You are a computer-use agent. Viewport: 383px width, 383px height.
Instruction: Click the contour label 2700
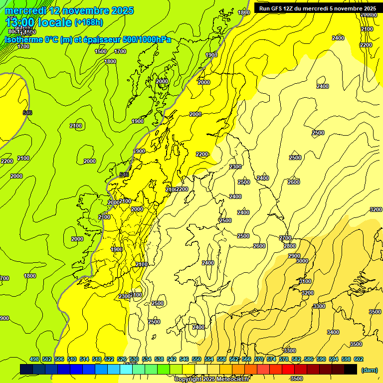(285, 238)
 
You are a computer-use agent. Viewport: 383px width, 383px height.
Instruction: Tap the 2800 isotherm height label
(290, 246)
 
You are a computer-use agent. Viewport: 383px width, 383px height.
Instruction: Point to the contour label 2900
(294, 256)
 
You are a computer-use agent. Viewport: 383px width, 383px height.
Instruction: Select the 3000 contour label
(302, 261)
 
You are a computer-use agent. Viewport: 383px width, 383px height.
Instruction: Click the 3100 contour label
(305, 282)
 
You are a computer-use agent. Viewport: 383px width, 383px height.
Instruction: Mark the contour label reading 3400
(333, 332)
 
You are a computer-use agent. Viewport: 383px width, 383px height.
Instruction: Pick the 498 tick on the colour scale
(34, 359)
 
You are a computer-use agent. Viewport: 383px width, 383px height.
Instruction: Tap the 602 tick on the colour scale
(359, 359)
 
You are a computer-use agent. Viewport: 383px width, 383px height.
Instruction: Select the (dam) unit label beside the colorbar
(369, 370)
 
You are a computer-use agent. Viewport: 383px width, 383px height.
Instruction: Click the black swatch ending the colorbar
(350, 369)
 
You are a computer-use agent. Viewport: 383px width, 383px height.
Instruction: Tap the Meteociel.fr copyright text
(212, 380)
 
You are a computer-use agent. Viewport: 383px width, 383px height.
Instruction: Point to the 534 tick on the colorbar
(147, 359)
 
